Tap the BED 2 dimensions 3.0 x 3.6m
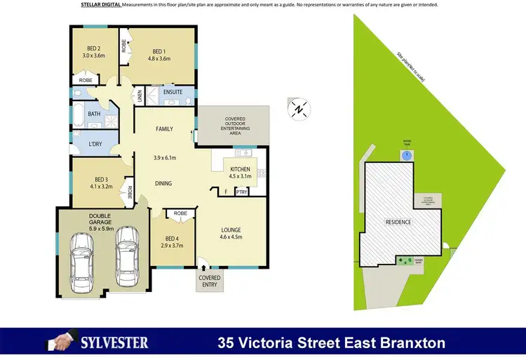click(x=93, y=55)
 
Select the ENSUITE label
click(x=173, y=92)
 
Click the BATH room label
click(x=94, y=113)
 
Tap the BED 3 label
click(x=101, y=180)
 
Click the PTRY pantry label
click(x=241, y=192)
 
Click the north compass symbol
click(x=299, y=109)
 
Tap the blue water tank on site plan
click(x=406, y=155)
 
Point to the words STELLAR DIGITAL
click(x=101, y=5)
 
